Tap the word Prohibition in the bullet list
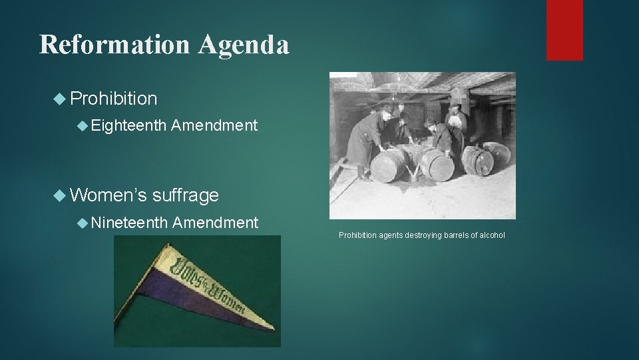coord(113,99)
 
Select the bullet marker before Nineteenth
coord(81,223)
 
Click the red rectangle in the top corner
coord(564,30)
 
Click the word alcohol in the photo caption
coord(492,235)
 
